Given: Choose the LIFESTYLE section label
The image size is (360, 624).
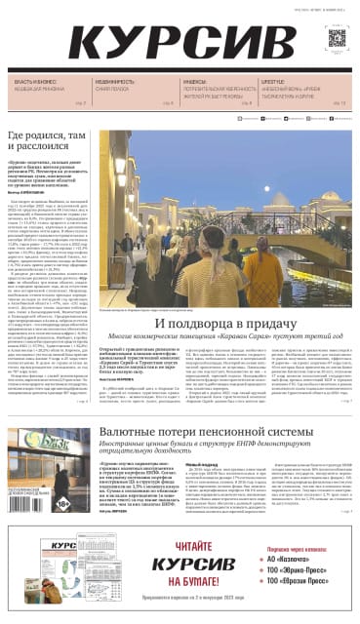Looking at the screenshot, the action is (x=273, y=82).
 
